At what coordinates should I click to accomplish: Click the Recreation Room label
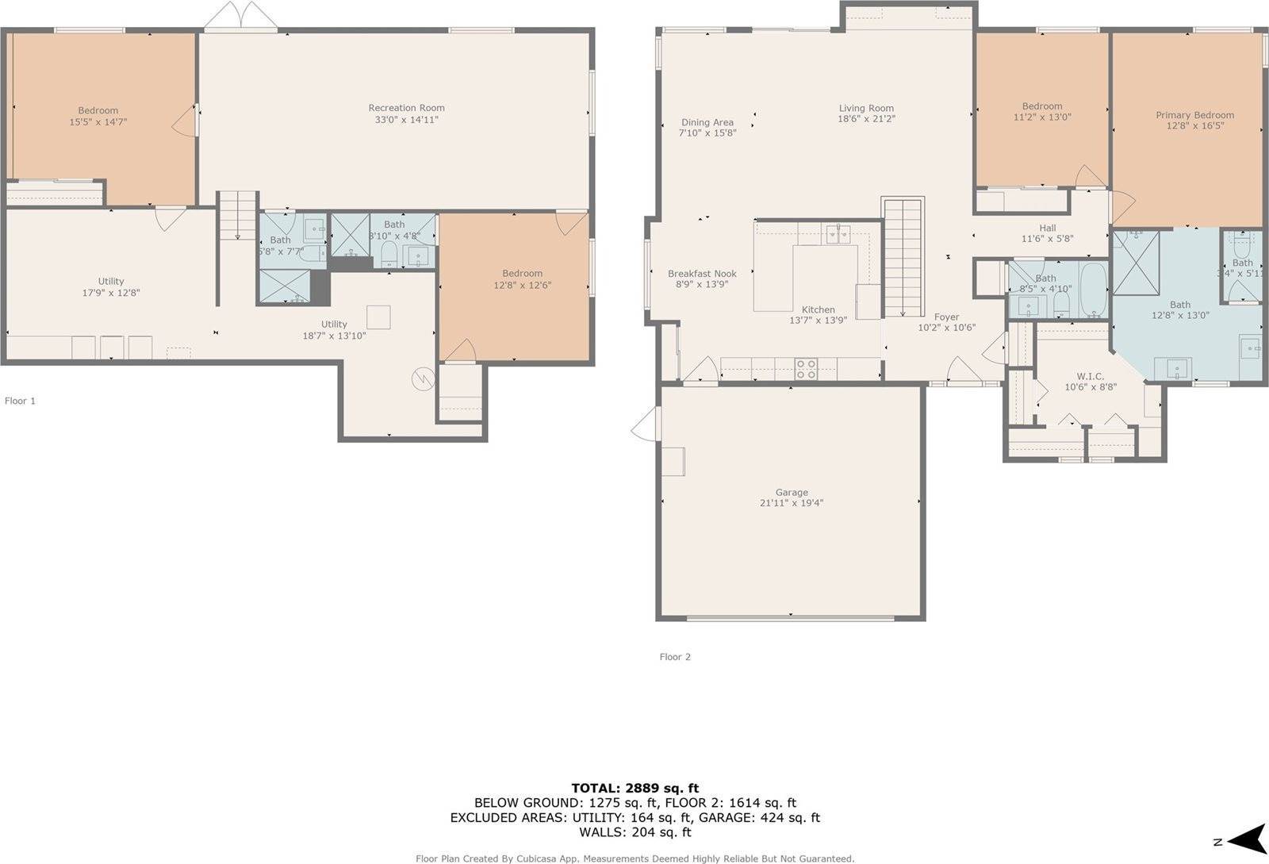click(x=406, y=108)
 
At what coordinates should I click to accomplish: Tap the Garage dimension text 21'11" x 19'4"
click(x=792, y=503)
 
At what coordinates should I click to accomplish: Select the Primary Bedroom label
click(x=1194, y=115)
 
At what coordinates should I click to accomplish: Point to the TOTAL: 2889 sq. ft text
click(x=634, y=788)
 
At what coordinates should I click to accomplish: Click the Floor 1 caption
click(x=20, y=401)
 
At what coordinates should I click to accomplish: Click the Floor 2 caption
click(x=675, y=657)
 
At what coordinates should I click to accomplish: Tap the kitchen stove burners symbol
click(x=806, y=369)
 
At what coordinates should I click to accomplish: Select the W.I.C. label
click(x=1090, y=376)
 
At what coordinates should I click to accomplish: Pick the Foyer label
click(x=946, y=317)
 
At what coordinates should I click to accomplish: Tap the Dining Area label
click(x=707, y=122)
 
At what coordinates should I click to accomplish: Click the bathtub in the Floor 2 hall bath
click(x=1092, y=290)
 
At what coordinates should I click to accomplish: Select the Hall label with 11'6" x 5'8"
click(x=1047, y=228)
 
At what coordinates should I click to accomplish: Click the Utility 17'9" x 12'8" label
click(x=111, y=282)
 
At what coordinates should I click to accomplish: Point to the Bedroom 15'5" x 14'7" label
click(x=98, y=111)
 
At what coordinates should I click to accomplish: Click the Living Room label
click(x=866, y=108)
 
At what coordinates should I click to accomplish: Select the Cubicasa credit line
click(x=634, y=858)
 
